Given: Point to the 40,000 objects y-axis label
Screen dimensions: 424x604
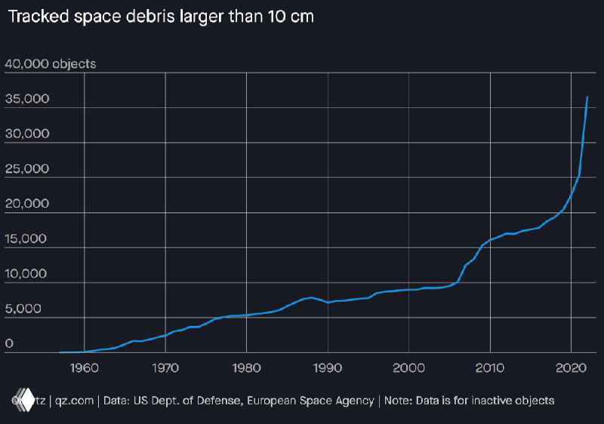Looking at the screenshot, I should (51, 64).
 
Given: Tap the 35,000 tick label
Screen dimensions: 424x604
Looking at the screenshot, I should (27, 99).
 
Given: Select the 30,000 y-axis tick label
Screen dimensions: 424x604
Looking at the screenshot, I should (27, 134).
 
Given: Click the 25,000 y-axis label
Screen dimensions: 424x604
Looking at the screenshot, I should (27, 169).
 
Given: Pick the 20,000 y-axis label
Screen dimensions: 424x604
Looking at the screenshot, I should (27, 204).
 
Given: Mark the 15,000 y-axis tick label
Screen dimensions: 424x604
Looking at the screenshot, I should (27, 239).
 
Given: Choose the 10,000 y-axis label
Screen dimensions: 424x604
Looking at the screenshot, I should (27, 274).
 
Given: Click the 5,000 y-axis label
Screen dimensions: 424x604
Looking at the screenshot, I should (24, 309).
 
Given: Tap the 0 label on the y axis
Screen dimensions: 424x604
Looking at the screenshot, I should (9, 344).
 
